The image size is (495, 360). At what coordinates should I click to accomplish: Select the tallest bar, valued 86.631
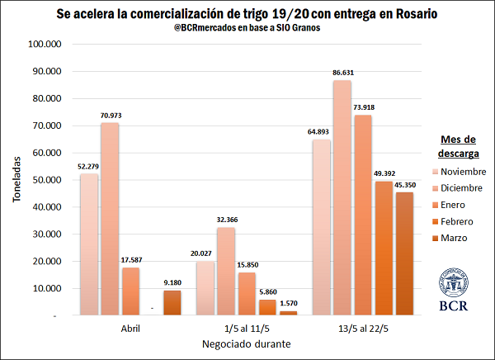pos(342,198)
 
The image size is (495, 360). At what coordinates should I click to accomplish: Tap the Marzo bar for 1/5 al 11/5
pos(288,313)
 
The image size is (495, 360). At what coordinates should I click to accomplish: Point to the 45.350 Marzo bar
pos(405,253)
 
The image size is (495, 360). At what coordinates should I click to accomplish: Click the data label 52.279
pos(89,167)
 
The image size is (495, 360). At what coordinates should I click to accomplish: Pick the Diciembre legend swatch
pos(435,188)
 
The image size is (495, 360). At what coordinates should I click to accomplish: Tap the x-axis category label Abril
pos(130,328)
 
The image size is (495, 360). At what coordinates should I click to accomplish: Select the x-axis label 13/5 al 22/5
pos(363,328)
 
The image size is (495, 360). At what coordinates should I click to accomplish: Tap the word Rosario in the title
pos(414,14)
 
